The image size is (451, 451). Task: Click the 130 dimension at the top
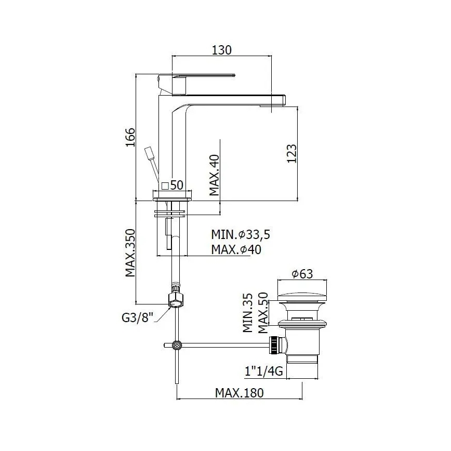tap(222, 50)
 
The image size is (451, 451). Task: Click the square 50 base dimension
tap(173, 185)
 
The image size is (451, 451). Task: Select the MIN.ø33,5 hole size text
tap(241, 234)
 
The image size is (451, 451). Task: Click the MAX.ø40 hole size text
tap(236, 250)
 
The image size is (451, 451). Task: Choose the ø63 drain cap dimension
tap(302, 274)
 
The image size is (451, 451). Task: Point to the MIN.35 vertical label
tap(248, 312)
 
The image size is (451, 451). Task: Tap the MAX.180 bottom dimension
tap(240, 393)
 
